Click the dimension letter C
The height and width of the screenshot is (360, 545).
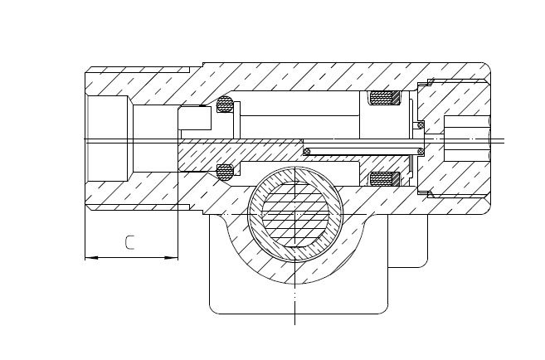pos(129,242)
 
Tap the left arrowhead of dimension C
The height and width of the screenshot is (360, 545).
pos(92,258)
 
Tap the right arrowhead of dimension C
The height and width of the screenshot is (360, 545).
pos(172,258)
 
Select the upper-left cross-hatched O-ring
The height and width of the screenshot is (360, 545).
pos(225,105)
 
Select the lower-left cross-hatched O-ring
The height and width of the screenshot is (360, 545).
pos(225,173)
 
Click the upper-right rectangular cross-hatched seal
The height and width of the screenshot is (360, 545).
pos(384,98)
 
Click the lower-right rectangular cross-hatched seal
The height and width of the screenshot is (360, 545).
pos(384,178)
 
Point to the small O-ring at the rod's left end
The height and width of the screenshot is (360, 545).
pos(307,152)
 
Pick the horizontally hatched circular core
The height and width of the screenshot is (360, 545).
pos(295,214)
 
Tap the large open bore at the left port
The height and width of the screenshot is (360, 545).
pos(107,139)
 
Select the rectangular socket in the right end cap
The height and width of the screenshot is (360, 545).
pos(466,139)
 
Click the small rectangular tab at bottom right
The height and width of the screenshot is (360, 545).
pos(407,241)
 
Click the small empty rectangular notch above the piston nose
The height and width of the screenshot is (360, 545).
pos(195,118)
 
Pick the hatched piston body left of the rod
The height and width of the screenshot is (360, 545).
pos(240,150)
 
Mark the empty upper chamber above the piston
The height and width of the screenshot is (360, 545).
pos(299,103)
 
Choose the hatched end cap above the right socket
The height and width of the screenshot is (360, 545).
pos(452,99)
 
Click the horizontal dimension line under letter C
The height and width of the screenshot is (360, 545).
pos(131,258)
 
